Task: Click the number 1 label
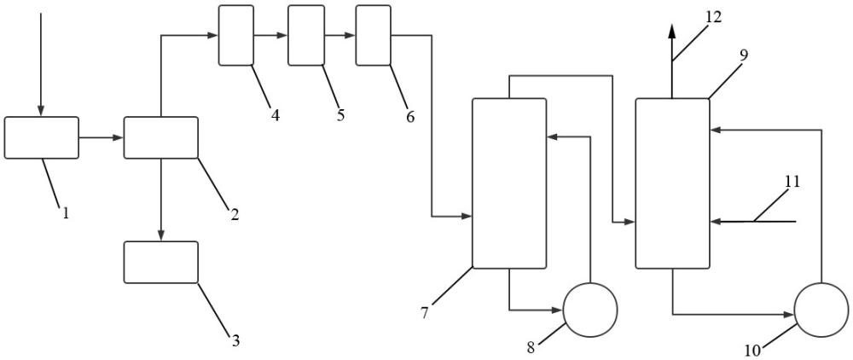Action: [x=66, y=213]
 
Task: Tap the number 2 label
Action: [x=235, y=214]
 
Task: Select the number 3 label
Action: [x=235, y=341]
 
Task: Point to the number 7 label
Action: [x=424, y=313]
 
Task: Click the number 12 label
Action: [x=713, y=17]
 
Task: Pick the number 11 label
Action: [x=792, y=181]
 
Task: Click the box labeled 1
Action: [x=41, y=137]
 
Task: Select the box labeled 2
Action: [x=161, y=137]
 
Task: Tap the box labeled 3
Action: [x=161, y=262]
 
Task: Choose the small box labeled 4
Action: [x=236, y=35]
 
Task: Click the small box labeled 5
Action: [x=306, y=35]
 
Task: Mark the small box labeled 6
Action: [x=374, y=35]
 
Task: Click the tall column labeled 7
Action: [x=509, y=183]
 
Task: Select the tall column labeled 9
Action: [x=673, y=183]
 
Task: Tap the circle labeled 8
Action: [x=590, y=310]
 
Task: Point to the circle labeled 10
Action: [x=821, y=310]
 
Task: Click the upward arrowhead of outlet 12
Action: [x=672, y=31]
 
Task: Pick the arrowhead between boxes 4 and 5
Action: [x=281, y=35]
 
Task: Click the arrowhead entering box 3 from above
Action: [x=161, y=235]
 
